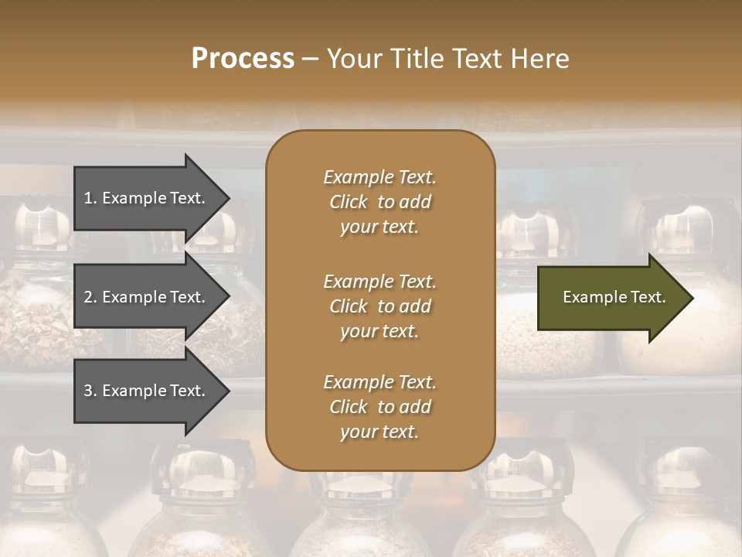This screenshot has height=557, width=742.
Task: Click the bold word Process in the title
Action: click(243, 59)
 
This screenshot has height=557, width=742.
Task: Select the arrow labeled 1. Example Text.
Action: click(147, 198)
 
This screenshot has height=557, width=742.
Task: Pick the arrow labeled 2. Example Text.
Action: click(147, 297)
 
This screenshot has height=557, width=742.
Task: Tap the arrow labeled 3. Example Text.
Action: click(147, 391)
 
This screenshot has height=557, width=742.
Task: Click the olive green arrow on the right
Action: click(611, 298)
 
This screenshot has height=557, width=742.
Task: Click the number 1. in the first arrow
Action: click(90, 199)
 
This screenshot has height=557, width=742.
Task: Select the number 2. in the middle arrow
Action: click(90, 298)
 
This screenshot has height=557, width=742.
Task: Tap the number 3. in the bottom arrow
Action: click(90, 391)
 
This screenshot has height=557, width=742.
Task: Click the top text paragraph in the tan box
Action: click(380, 202)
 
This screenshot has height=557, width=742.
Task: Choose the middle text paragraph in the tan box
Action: click(380, 306)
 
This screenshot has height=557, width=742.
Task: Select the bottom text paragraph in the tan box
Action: click(380, 407)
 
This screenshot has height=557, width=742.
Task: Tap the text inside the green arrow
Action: click(614, 297)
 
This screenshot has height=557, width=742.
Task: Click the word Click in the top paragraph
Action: click(349, 203)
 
